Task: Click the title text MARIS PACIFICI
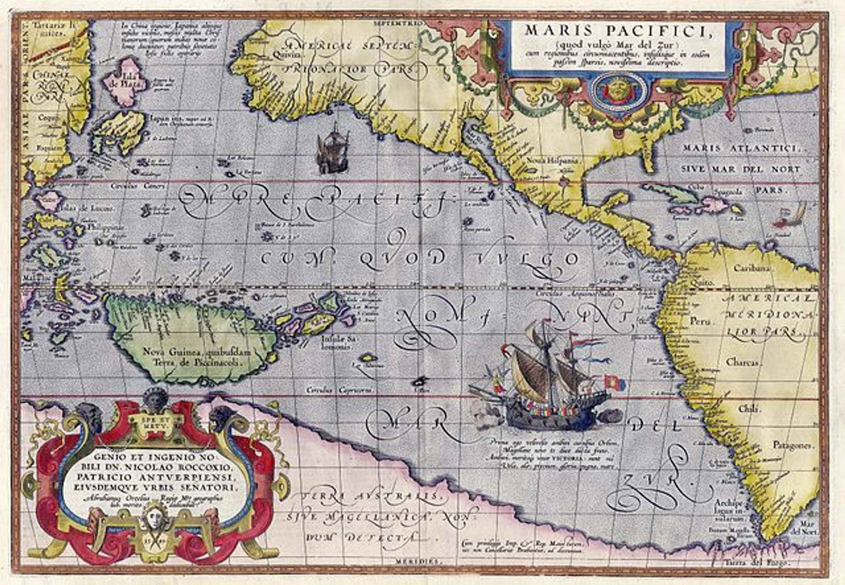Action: [x=618, y=30]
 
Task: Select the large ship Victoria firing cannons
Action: [x=550, y=383]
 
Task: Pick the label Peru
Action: [x=700, y=321]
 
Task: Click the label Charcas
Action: [x=743, y=362]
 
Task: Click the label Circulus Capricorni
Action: [x=339, y=390]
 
